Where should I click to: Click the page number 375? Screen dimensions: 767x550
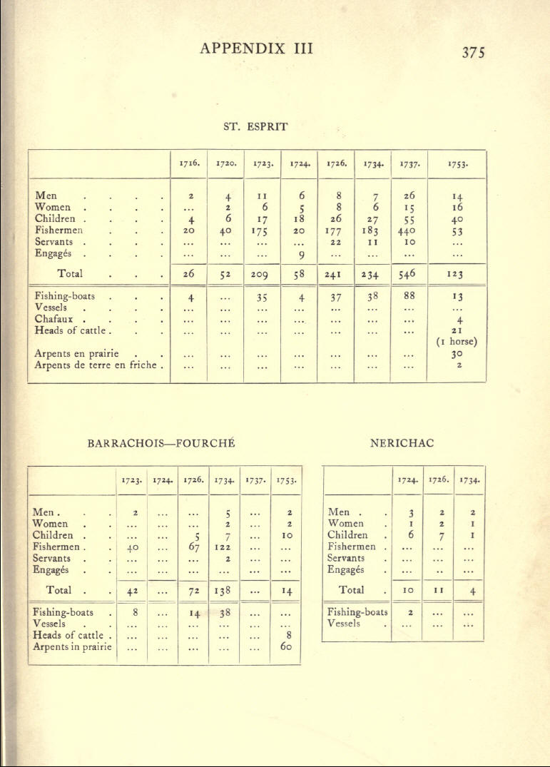tap(473, 53)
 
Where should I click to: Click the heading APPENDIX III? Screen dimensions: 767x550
tap(257, 49)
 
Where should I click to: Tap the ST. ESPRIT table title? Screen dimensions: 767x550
tap(255, 126)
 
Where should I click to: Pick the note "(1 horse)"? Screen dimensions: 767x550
tap(455, 340)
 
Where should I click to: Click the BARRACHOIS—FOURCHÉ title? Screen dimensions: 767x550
tap(161, 443)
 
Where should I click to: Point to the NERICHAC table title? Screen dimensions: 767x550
tap(402, 443)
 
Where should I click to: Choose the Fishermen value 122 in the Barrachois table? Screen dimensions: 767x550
tap(223, 547)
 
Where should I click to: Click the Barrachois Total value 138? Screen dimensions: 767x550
tap(223, 591)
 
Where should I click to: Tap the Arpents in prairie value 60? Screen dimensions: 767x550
tap(285, 647)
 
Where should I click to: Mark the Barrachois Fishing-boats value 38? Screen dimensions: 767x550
tap(223, 612)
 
